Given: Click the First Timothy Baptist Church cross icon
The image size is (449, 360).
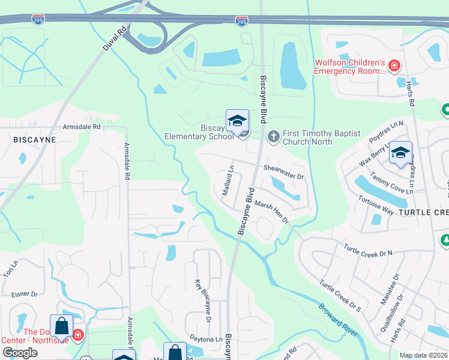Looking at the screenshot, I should point(274,137).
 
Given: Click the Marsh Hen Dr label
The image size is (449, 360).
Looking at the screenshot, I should point(272,212).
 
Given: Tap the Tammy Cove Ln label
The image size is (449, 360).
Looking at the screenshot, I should point(392,182).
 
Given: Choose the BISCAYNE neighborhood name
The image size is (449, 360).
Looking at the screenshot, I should point(34,139).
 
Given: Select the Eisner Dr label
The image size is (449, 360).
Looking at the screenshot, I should point(25,294).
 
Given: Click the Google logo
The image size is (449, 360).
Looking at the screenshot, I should point(20,353).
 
